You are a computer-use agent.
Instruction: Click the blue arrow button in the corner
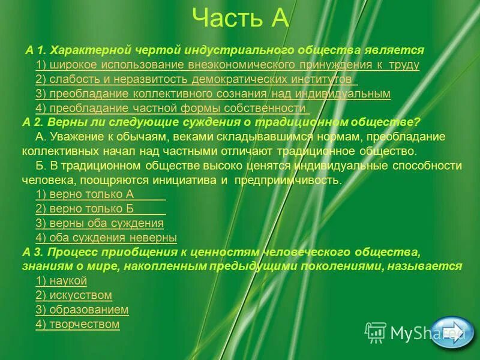pos(452,332)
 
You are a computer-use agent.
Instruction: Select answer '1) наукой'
pos(62,281)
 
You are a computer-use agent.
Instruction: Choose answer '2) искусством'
pos(74,295)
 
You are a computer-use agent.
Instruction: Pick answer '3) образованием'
pos(82,310)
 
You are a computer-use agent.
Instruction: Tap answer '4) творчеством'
pos(78,325)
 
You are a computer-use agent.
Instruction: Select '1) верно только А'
pos(84,194)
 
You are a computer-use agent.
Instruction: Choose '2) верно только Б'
pos(84,209)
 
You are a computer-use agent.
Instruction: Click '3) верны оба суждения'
pos(100,223)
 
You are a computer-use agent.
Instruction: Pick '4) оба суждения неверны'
pos(106,238)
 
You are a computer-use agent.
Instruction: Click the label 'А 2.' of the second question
pos(34,122)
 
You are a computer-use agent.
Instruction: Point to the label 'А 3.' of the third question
pos(34,251)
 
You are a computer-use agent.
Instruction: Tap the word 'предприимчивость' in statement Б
pos(287,180)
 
